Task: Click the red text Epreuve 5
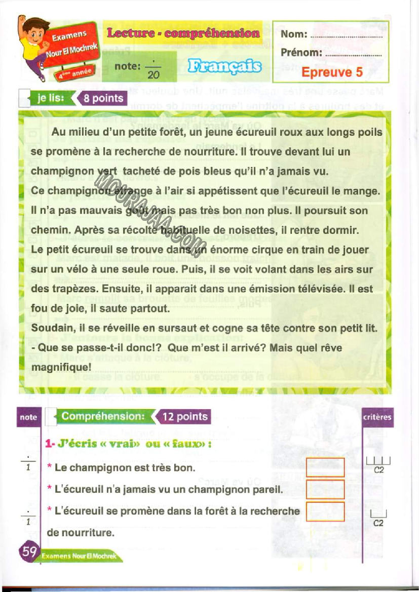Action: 332,72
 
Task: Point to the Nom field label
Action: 294,34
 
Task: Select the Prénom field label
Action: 301,52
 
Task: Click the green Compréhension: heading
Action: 103,416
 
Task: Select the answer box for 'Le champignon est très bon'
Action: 325,467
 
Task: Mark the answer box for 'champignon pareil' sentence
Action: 325,489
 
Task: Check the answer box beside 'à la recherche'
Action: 325,511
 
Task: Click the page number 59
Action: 28,551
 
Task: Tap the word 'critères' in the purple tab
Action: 377,417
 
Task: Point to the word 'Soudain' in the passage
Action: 50,328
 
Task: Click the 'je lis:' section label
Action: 50,98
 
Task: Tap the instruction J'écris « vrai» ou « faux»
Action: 128,445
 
